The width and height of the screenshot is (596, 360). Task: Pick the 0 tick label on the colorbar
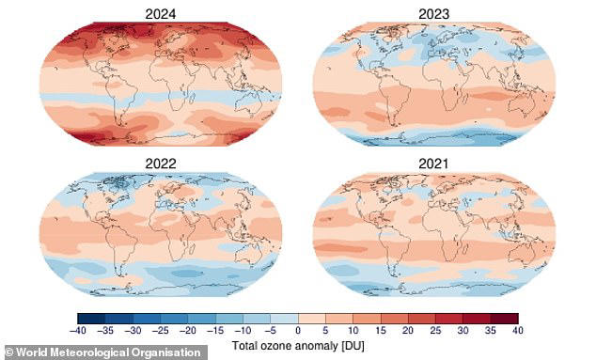[x=298, y=331]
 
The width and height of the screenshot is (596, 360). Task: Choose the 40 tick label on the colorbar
[x=515, y=331]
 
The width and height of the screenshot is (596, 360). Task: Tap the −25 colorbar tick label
[x=162, y=331]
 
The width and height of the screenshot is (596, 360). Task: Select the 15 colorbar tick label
[x=380, y=331]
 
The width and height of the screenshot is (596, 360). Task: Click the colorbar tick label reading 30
[x=462, y=331]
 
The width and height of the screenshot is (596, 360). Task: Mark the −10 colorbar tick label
[x=243, y=331]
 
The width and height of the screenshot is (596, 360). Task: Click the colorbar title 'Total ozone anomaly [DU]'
[x=298, y=345]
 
